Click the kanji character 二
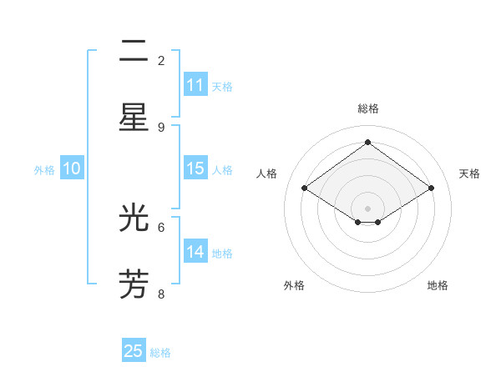[x=134, y=55]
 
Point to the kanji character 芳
[x=134, y=284]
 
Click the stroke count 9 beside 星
[x=161, y=127]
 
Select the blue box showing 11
[x=195, y=85]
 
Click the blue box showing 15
[x=195, y=168]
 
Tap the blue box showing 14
[x=195, y=252]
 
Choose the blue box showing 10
[x=72, y=168]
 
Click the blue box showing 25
[x=134, y=351]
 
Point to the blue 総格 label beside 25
[x=160, y=353]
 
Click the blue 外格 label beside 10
[x=44, y=170]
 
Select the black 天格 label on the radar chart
[x=469, y=173]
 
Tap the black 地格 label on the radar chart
[x=438, y=285]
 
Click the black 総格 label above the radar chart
[x=368, y=108]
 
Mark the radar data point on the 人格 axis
[x=305, y=188]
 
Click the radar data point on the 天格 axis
[x=431, y=188]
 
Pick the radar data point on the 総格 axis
[x=368, y=142]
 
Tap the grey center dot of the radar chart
[x=368, y=208]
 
